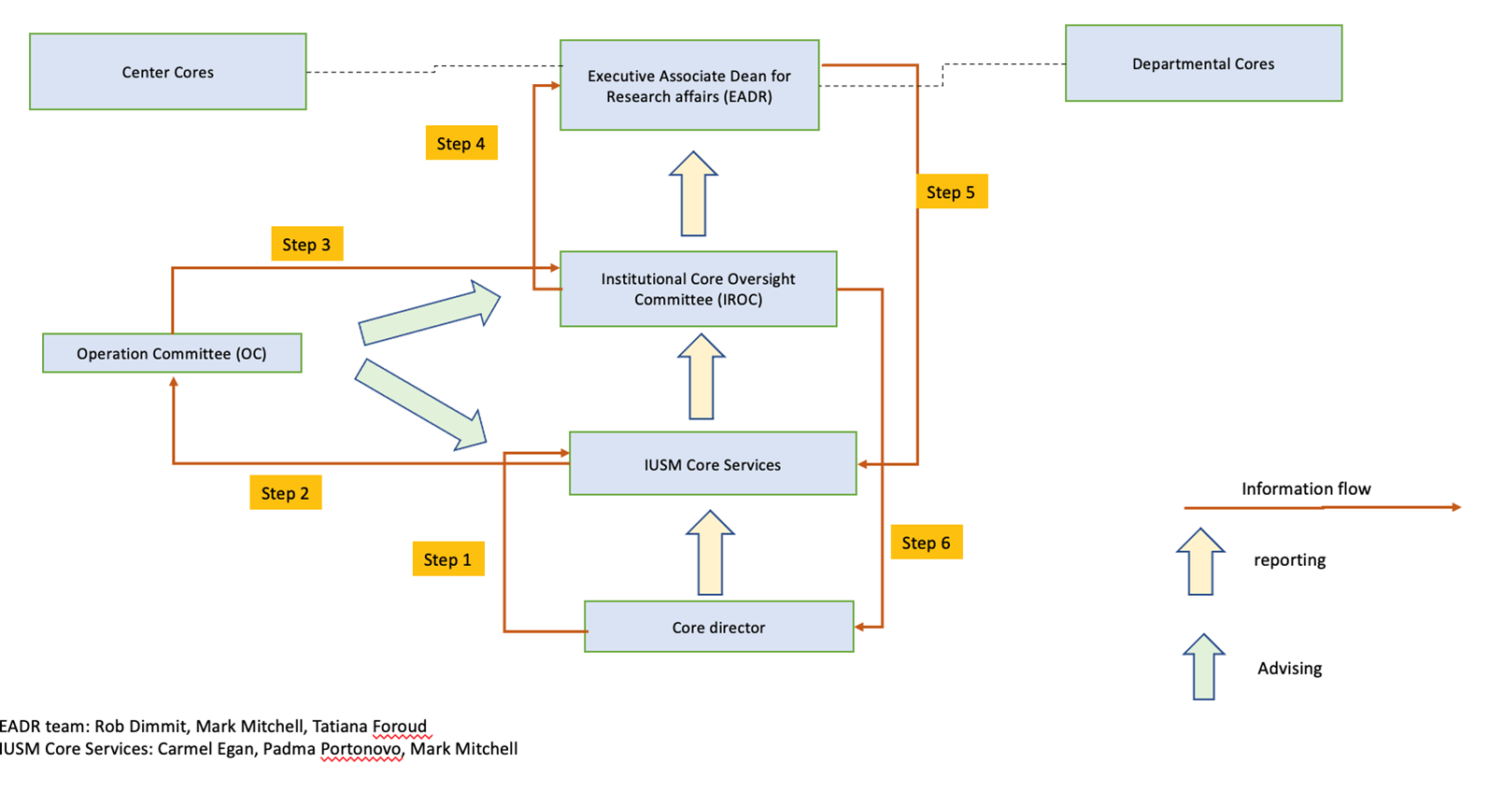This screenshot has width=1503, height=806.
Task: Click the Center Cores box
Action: coord(167,72)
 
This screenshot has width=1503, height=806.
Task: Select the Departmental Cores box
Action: coord(1203,64)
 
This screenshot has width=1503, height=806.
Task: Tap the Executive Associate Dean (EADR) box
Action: coord(689,85)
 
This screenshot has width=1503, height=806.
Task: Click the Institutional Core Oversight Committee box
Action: coord(698,289)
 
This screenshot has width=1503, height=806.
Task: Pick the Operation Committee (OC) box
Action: coord(172,353)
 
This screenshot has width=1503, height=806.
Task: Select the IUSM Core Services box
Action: coord(713,464)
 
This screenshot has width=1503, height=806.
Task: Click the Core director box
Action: coord(718,627)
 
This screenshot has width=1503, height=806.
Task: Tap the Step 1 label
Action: coord(448,559)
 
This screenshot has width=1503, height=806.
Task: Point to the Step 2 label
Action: coord(285,493)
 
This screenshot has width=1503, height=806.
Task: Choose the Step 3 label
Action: coord(306,245)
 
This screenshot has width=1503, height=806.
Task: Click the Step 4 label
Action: coord(461,144)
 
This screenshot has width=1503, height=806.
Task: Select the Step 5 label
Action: coord(951,192)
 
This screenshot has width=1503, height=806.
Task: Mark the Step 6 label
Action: coord(926,543)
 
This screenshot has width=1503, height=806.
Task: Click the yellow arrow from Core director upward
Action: coord(710,553)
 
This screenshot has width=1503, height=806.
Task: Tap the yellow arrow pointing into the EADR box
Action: coord(693,194)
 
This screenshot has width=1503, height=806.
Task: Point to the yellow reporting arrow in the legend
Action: coord(1200,562)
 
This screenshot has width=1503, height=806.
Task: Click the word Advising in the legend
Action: coord(1289,668)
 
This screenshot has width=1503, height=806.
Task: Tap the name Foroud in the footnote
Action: coord(399,727)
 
